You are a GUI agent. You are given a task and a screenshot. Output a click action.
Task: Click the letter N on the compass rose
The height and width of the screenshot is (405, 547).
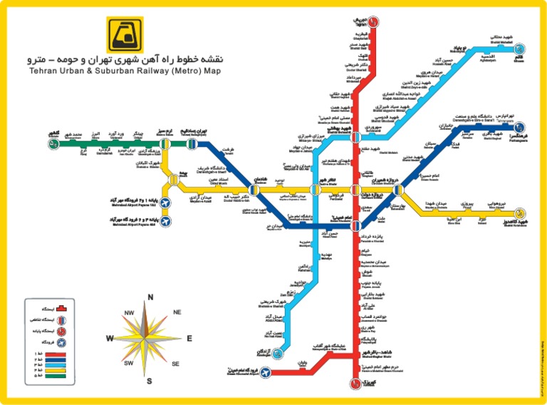(150, 297)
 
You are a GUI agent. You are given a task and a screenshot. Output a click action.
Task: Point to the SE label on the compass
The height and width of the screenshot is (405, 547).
(175, 364)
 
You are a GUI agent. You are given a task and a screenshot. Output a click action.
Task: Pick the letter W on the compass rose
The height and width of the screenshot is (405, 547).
(110, 338)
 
